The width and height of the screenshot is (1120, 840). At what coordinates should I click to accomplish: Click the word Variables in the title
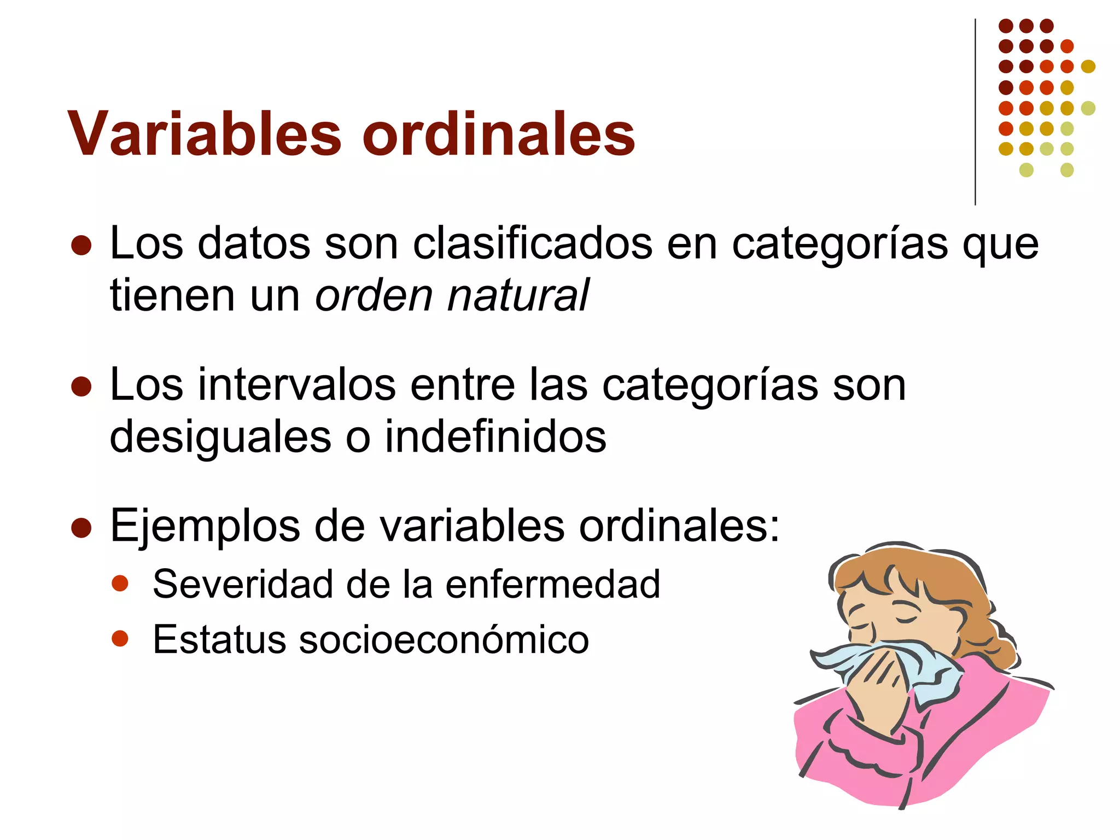pyautogui.click(x=205, y=134)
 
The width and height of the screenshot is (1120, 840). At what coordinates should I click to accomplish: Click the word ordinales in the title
pyautogui.click(x=498, y=134)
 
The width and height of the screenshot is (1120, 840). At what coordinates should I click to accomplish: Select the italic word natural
pyautogui.click(x=518, y=295)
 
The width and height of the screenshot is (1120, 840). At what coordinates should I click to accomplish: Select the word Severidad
pyautogui.click(x=243, y=584)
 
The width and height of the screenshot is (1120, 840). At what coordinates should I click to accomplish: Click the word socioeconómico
pyautogui.click(x=444, y=639)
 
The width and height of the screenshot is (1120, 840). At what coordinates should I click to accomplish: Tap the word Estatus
pyautogui.click(x=219, y=639)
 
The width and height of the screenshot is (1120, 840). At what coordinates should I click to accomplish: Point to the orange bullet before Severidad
pyautogui.click(x=120, y=583)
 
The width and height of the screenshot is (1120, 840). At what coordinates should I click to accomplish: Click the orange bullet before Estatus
pyautogui.click(x=120, y=638)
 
